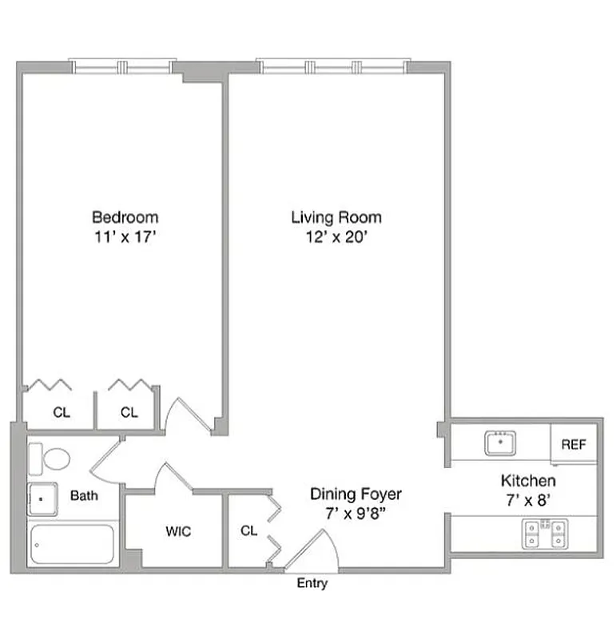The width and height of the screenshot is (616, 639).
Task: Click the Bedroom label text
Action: click(125, 216)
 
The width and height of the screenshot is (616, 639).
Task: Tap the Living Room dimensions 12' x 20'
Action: click(336, 237)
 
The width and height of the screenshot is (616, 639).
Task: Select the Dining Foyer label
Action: click(356, 494)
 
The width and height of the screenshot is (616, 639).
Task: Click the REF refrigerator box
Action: click(574, 444)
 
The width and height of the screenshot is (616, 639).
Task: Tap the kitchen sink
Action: click(500, 443)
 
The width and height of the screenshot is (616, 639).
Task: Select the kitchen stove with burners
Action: click(545, 534)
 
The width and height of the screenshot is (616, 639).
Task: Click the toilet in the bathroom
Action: click(50, 460)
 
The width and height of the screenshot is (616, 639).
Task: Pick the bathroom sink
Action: click(42, 499)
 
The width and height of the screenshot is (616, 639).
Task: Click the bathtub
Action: click(72, 545)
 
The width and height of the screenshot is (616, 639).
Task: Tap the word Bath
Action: click(84, 496)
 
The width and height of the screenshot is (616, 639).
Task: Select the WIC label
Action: click(178, 532)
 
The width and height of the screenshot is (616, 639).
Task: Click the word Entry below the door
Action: click(312, 583)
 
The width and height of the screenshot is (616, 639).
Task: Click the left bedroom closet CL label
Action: click(61, 413)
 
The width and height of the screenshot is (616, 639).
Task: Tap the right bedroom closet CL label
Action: click(129, 413)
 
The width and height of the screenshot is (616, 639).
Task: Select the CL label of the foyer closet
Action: click(248, 530)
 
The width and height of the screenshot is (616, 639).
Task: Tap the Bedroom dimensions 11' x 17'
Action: click(125, 237)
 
